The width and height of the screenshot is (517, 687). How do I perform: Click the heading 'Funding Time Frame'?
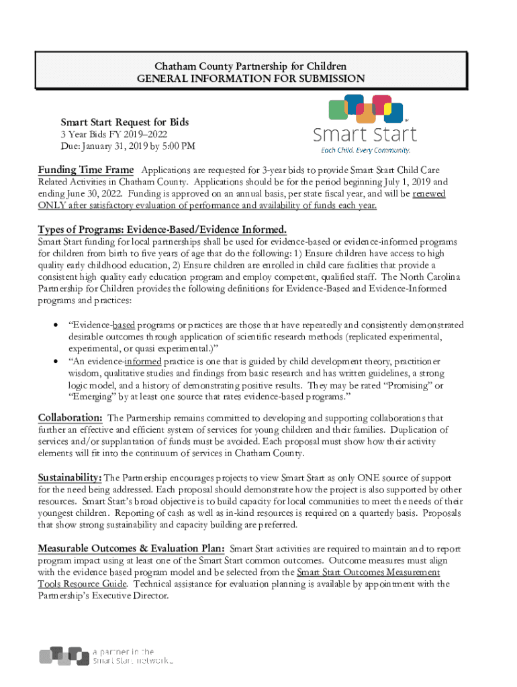coord(86,170)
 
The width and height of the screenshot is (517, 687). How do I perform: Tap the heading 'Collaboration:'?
coord(70,418)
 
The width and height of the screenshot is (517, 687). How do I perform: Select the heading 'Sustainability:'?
coord(70,477)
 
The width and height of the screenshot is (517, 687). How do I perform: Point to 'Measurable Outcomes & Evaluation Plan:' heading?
coord(131,548)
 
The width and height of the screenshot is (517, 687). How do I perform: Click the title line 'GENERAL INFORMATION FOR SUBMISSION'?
coord(251,79)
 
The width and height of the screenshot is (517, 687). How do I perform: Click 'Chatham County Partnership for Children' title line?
coord(251,66)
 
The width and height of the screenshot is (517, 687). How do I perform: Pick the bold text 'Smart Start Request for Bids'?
coord(125,122)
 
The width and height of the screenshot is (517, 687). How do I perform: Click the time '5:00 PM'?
coord(178,147)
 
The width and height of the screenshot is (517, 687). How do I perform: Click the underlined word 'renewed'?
coord(428,194)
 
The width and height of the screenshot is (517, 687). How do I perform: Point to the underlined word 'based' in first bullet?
coord(123,325)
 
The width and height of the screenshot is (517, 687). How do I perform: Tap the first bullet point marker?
coord(54,325)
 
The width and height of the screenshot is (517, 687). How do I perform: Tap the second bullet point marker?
coord(54,362)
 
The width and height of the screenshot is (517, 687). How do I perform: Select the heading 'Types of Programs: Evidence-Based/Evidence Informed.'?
coord(162,229)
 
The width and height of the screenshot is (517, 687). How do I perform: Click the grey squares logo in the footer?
coord(64,655)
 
